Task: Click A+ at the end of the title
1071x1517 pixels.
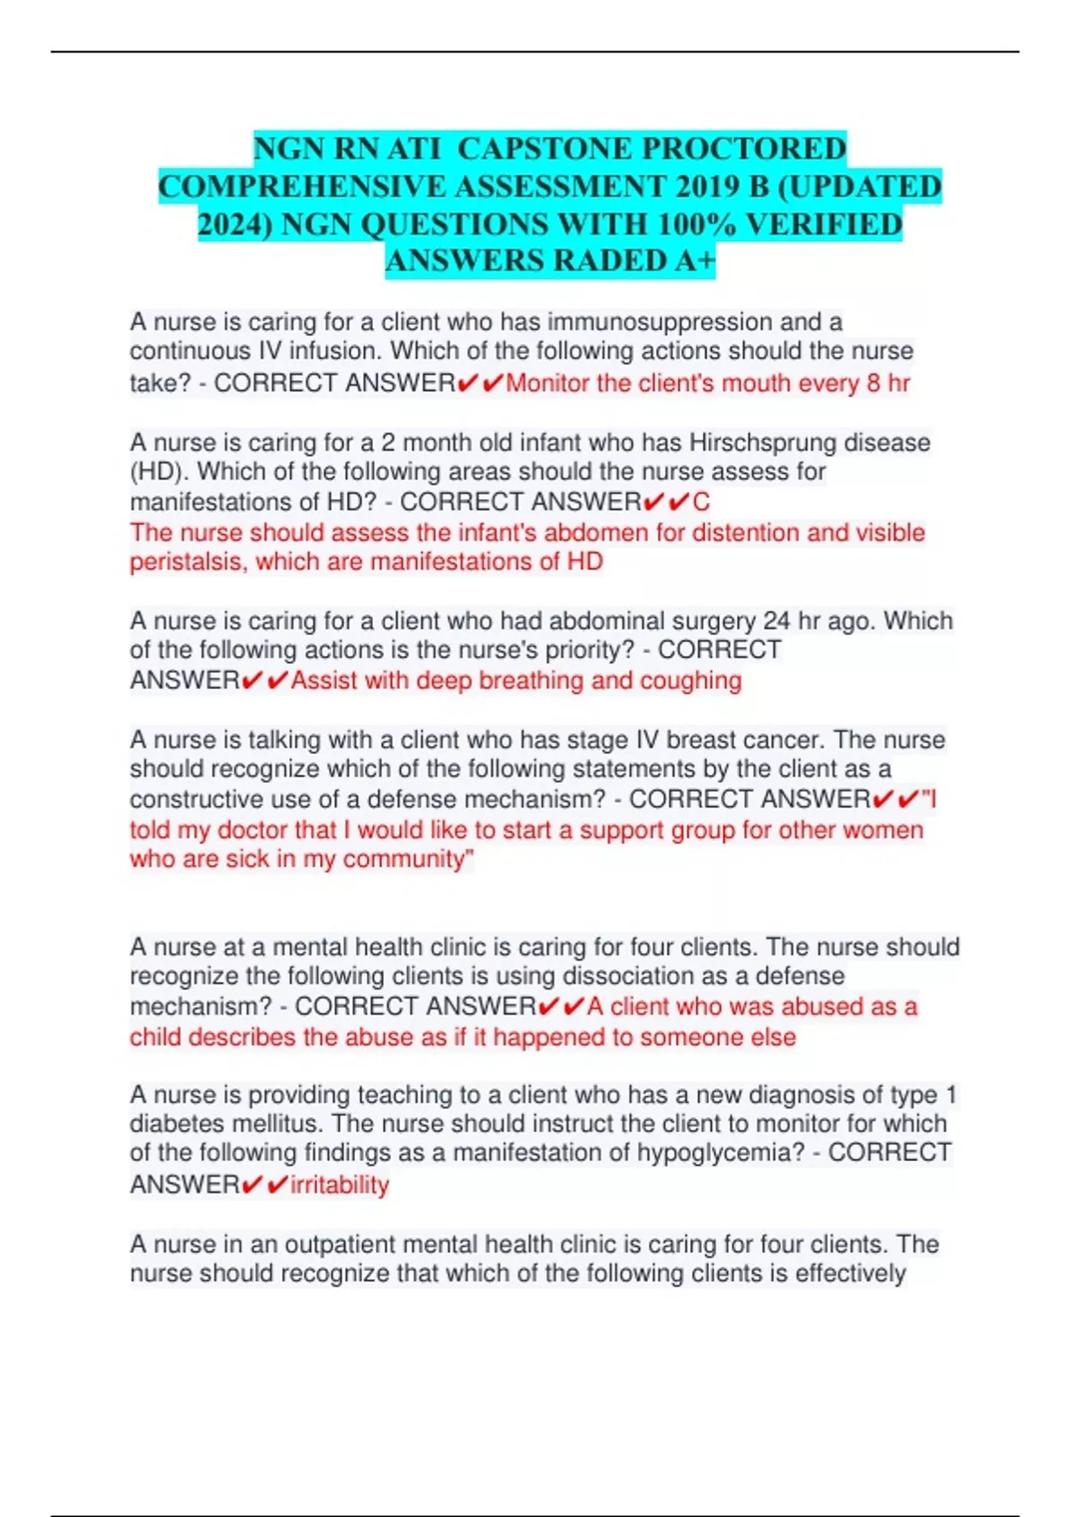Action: point(694,261)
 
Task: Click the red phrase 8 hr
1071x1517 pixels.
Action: point(888,384)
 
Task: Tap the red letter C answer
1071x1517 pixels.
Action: point(702,502)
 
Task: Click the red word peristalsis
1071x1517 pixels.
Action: point(188,562)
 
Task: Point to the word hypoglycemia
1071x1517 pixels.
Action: point(719,1153)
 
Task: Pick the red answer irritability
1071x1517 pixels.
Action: point(340,1185)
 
